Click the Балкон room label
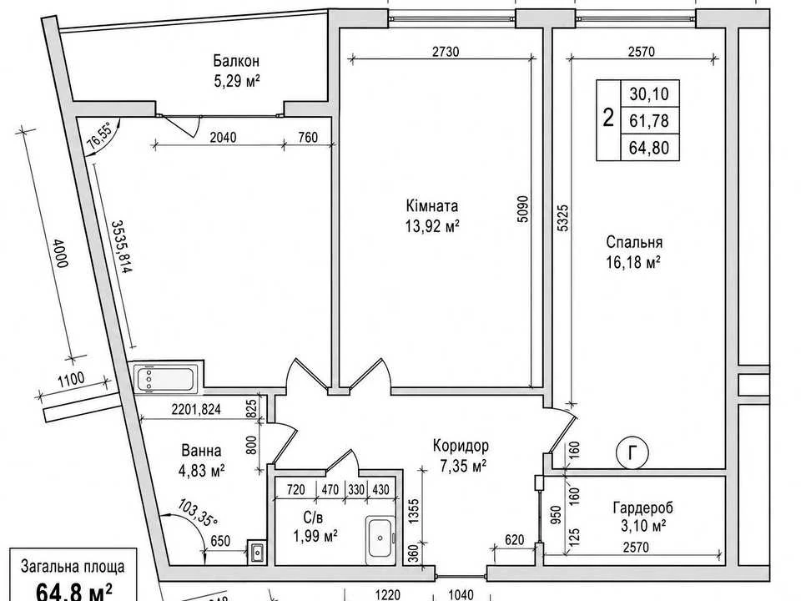click(x=236, y=61)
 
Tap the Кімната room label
click(x=431, y=206)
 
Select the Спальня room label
click(x=634, y=242)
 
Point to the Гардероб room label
click(x=642, y=508)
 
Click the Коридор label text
click(x=461, y=446)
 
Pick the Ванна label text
click(x=201, y=450)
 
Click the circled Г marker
click(x=633, y=452)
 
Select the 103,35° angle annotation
click(x=198, y=512)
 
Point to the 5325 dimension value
click(x=562, y=218)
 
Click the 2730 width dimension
click(x=446, y=51)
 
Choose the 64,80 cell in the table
click(x=649, y=148)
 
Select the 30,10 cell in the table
click(x=649, y=94)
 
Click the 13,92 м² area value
click(x=432, y=226)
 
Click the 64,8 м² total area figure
click(x=73, y=593)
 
